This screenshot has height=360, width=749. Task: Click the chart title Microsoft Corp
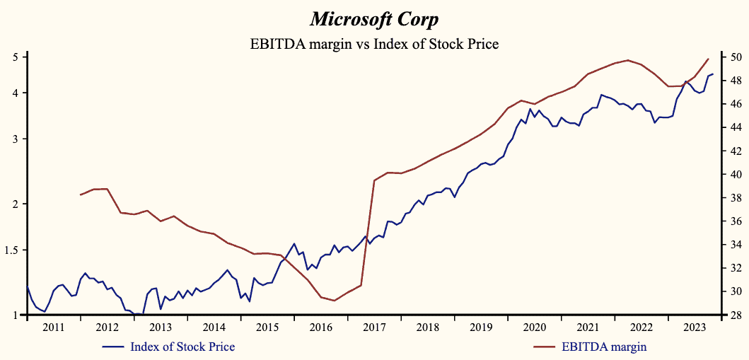click(x=374, y=18)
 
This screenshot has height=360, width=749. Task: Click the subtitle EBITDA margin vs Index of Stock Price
click(x=374, y=44)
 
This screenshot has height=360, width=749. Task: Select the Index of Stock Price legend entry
click(x=182, y=347)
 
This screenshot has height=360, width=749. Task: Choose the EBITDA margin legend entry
click(x=603, y=347)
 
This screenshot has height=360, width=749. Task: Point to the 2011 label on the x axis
click(x=54, y=327)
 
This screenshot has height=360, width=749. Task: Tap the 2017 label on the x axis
click(x=374, y=327)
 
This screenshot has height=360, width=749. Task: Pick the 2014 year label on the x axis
click(x=214, y=327)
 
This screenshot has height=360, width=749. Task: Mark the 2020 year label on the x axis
click(x=534, y=327)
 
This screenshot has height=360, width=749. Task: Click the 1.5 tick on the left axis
click(x=13, y=250)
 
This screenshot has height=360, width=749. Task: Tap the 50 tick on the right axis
click(x=734, y=57)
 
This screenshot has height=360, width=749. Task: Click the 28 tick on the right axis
click(x=734, y=315)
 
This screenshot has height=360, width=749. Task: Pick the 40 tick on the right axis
click(x=734, y=174)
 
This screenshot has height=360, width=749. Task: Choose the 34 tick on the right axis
click(x=734, y=245)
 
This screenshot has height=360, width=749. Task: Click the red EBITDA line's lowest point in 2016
click(x=335, y=301)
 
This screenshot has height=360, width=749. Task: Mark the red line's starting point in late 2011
click(x=80, y=194)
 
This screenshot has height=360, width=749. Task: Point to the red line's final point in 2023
click(x=708, y=59)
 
